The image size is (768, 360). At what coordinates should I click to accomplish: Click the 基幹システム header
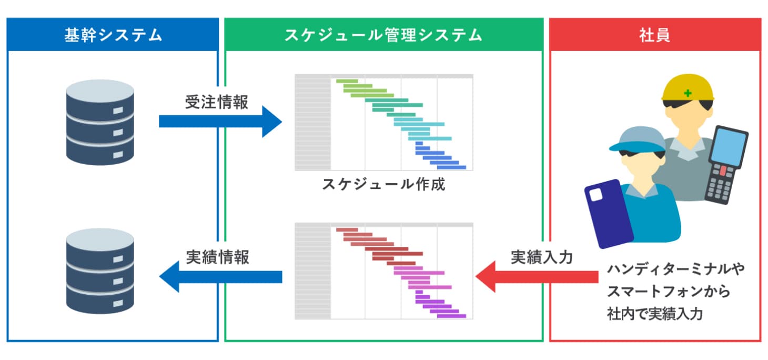click(113, 35)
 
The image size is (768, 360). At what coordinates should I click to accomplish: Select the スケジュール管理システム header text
click(383, 35)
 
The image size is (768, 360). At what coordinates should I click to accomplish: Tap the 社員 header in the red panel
click(654, 35)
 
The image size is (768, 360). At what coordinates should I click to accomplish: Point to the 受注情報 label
click(216, 102)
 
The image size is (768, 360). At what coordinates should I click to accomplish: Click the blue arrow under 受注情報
click(220, 122)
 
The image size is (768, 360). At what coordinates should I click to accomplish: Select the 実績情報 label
click(217, 257)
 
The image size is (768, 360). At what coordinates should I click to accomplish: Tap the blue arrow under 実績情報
click(220, 276)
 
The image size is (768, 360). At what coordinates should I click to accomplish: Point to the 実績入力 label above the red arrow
click(542, 257)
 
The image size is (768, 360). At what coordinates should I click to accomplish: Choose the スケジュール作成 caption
click(383, 185)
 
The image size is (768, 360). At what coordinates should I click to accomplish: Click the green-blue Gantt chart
click(383, 122)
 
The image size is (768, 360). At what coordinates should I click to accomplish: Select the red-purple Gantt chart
click(383, 271)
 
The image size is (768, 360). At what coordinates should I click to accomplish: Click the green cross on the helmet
click(687, 94)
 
